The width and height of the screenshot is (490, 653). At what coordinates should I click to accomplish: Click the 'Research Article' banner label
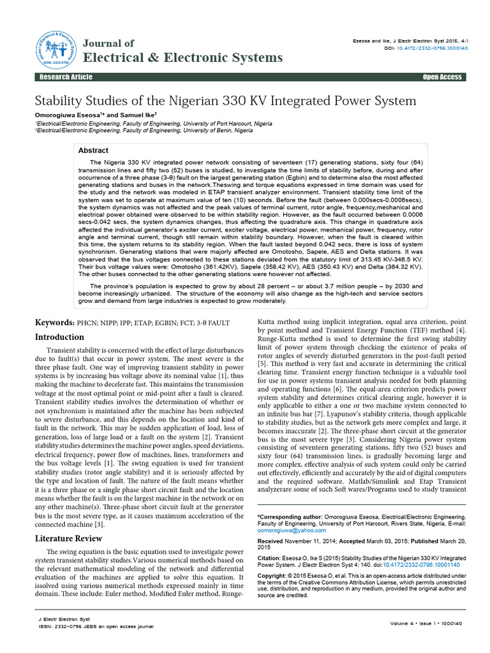click(x=66, y=77)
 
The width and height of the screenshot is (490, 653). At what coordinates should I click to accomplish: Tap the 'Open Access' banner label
click(x=442, y=77)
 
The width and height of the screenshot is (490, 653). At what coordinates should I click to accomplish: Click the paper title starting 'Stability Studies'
click(x=225, y=101)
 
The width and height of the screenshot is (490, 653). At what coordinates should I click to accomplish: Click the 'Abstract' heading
click(x=93, y=150)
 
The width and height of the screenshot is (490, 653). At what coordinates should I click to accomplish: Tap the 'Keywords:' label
click(x=55, y=323)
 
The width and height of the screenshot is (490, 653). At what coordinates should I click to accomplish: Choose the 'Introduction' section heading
click(x=59, y=337)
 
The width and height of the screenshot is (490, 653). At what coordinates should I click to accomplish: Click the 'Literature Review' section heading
click(x=68, y=539)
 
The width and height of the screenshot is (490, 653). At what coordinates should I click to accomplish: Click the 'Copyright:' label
click(x=272, y=576)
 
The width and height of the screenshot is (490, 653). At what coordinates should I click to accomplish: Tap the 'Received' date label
click(x=270, y=541)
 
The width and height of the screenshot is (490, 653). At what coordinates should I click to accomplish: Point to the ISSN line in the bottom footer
click(x=96, y=627)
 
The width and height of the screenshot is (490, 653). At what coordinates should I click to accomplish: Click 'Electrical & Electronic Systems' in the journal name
click(x=182, y=58)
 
